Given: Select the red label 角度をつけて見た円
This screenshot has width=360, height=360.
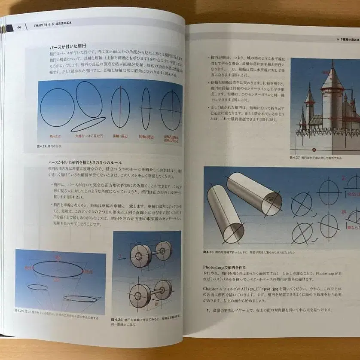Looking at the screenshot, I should [89, 136].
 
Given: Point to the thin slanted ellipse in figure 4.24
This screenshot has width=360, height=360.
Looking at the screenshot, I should [88, 125].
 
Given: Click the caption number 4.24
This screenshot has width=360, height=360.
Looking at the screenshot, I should [42, 146].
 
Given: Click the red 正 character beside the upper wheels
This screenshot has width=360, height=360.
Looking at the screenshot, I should [120, 256].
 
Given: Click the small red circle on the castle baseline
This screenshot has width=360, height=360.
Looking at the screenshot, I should [314, 150].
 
